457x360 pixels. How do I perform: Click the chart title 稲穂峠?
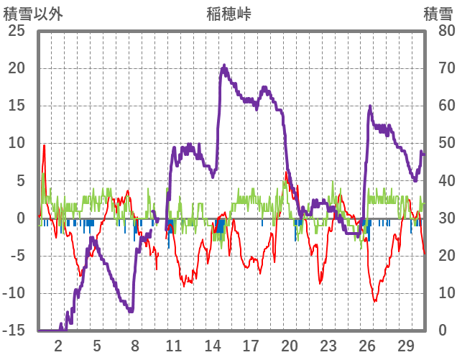click(x=228, y=14)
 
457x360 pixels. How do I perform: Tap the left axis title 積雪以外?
click(x=30, y=14)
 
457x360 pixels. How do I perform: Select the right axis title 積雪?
click(x=438, y=14)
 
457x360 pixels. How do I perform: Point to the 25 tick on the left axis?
click(x=16, y=31)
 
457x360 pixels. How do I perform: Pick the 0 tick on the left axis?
click(x=21, y=218)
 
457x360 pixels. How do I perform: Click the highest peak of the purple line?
click(x=224, y=66)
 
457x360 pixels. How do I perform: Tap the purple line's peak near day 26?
click(x=370, y=107)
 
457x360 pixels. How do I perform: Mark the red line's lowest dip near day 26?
click(x=374, y=301)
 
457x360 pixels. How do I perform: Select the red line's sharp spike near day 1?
click(x=44, y=145)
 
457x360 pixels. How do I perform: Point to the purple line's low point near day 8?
click(x=131, y=310)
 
